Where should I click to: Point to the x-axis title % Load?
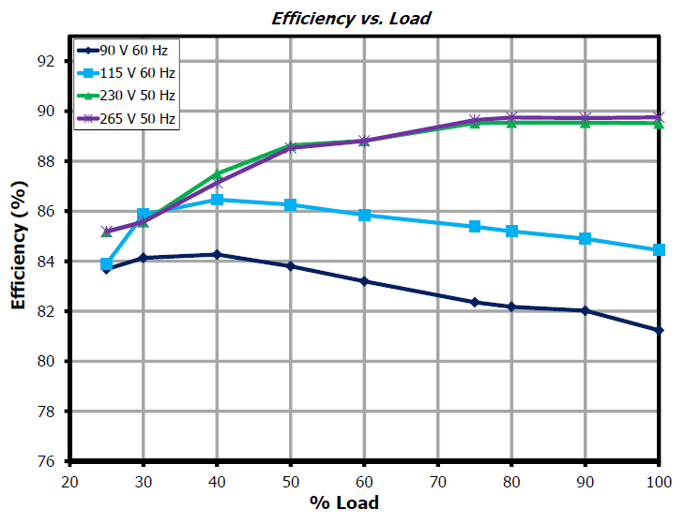344,503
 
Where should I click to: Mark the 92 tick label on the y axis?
44,61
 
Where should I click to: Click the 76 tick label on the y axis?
44,461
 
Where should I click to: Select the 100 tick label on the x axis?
658,482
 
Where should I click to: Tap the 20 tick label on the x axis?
68,482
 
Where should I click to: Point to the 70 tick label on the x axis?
437,482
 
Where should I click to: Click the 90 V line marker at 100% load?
659,330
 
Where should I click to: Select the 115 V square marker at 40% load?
217,200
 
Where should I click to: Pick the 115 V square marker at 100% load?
659,249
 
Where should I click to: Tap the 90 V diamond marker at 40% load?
217,254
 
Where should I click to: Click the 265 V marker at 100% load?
659,117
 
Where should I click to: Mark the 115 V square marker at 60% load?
364,215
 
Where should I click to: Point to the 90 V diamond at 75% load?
475,302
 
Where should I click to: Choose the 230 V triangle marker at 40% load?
217,173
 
